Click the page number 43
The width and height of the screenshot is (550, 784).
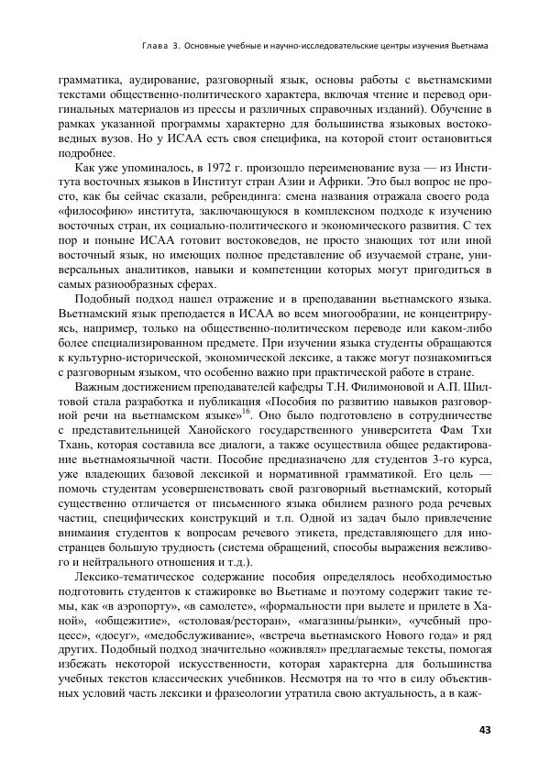pyautogui.click(x=486, y=730)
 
